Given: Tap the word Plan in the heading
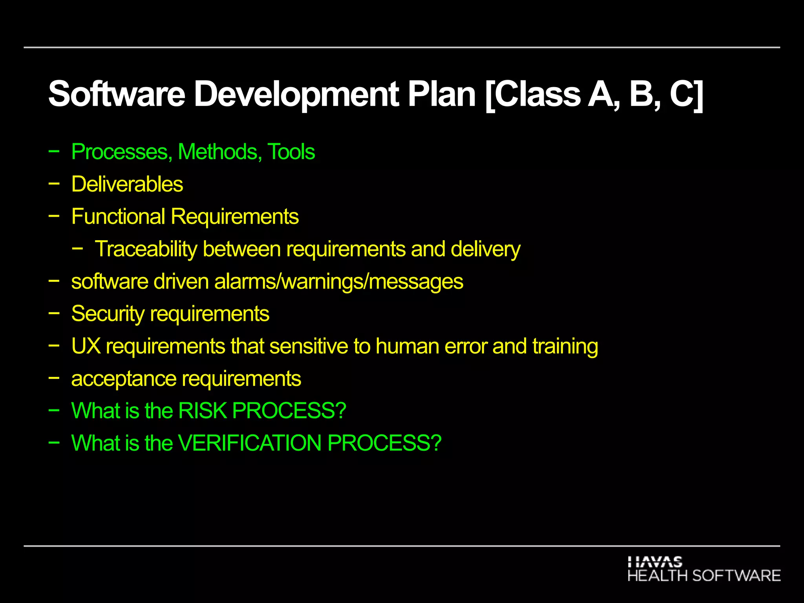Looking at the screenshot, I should (x=442, y=94).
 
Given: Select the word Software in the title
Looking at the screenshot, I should (x=117, y=94).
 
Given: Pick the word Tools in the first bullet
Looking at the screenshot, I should (x=291, y=152).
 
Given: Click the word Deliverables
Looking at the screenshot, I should (x=127, y=184).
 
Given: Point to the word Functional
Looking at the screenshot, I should (x=118, y=217).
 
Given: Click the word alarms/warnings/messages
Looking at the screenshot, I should (x=338, y=282).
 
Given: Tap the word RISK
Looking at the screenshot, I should (x=203, y=411).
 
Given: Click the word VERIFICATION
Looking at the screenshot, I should (x=250, y=443).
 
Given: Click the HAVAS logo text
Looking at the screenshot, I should (x=655, y=562).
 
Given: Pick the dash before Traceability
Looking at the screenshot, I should (x=77, y=248).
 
